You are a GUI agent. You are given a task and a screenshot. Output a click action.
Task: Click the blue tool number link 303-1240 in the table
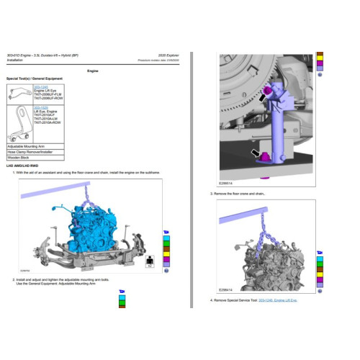[42, 86]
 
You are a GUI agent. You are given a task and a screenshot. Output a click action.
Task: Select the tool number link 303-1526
[42, 107]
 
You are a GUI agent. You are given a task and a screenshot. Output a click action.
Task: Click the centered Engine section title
[92, 71]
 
